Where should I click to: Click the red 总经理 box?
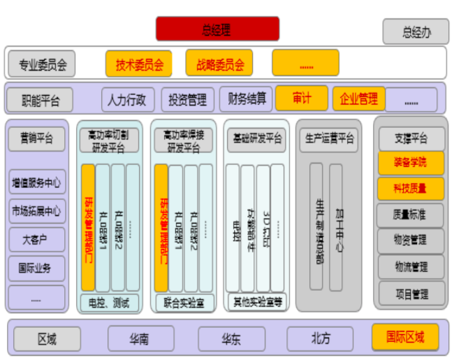pyautogui.click(x=217, y=29)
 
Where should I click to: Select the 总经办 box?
pyautogui.click(x=416, y=31)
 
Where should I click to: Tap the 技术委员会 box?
pyautogui.click(x=139, y=64)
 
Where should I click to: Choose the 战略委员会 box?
pyautogui.click(x=219, y=64)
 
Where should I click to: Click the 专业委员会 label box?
pyautogui.click(x=42, y=64)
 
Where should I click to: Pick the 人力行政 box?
pyautogui.click(x=127, y=99)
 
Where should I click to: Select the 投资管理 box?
pyautogui.click(x=187, y=99)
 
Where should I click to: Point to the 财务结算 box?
pyautogui.click(x=247, y=99)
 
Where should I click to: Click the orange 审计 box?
pyautogui.click(x=302, y=99)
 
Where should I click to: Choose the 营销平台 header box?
pyautogui.click(x=37, y=138)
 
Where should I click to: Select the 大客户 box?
pyautogui.click(x=37, y=239)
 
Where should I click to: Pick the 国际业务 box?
pyautogui.click(x=37, y=268)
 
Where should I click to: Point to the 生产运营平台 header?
pyautogui.click(x=330, y=138)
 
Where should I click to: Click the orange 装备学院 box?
pyautogui.click(x=411, y=163)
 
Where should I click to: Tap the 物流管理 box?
pyautogui.click(x=411, y=266)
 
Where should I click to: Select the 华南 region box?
pyautogui.click(x=140, y=339)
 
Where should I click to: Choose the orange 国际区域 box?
pyautogui.click(x=405, y=338)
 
